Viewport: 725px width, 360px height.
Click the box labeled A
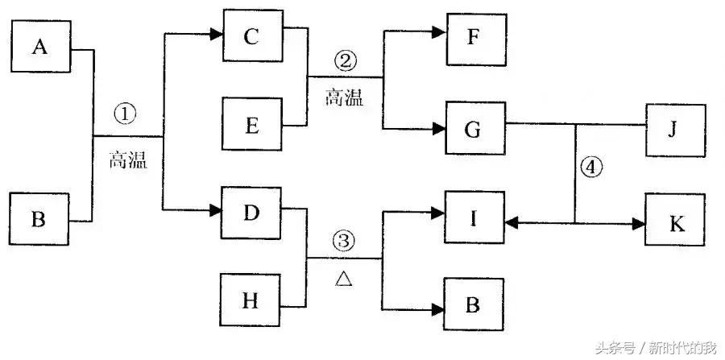pyautogui.click(x=41, y=48)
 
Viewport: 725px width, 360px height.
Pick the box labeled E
pyautogui.click(x=252, y=125)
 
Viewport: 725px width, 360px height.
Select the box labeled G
pyautogui.click(x=474, y=127)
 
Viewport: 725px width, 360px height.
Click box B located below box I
pyautogui.click(x=474, y=304)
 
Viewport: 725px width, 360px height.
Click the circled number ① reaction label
pyautogui.click(x=125, y=115)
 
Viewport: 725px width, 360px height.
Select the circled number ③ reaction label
pyautogui.click(x=343, y=240)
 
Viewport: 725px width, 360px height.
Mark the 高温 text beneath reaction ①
pyautogui.click(x=127, y=160)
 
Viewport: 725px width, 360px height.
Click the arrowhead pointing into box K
pyautogui.click(x=638, y=223)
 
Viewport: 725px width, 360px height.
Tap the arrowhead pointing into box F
pyautogui.click(x=439, y=32)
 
